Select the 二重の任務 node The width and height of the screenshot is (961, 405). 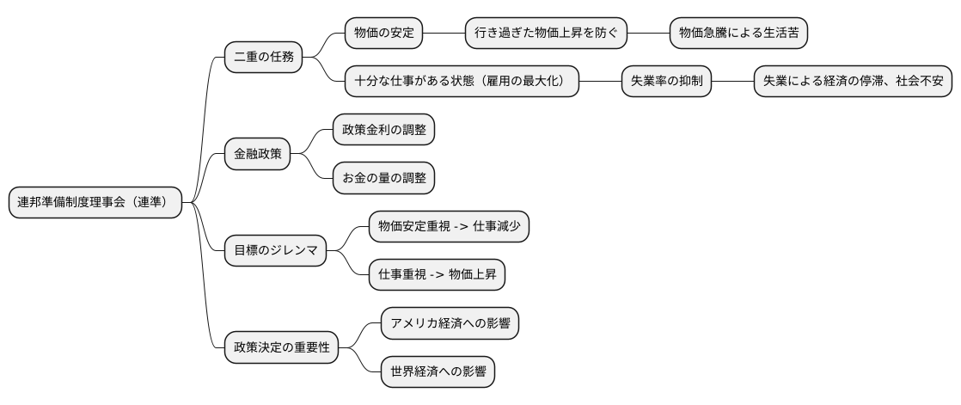coord(264,58)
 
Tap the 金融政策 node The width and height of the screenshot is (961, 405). coord(257,155)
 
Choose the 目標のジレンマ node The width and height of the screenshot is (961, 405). coord(276,252)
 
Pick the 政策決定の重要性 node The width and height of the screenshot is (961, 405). coord(282,349)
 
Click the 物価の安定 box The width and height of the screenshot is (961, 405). coord(384,34)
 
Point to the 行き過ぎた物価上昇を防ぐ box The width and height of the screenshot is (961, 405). coord(545,34)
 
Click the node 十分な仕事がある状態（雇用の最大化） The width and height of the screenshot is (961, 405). coord(461,82)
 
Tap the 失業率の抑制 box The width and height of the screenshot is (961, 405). coord(667,82)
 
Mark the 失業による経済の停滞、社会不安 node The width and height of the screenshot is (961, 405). coord(853,82)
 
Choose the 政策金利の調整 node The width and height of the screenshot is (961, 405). coord(383,131)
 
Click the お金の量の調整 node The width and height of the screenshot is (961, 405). coord(383,179)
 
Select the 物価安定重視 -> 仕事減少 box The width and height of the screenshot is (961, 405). coord(449,228)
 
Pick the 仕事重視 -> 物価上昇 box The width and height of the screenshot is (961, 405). coord(437,276)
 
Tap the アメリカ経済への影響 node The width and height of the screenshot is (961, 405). coord(450,325)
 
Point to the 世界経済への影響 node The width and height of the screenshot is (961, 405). coord(438,373)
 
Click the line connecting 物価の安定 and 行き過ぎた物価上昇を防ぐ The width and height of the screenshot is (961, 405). coord(444,34)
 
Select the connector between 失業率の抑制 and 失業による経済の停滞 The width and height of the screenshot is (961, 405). coord(732,82)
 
